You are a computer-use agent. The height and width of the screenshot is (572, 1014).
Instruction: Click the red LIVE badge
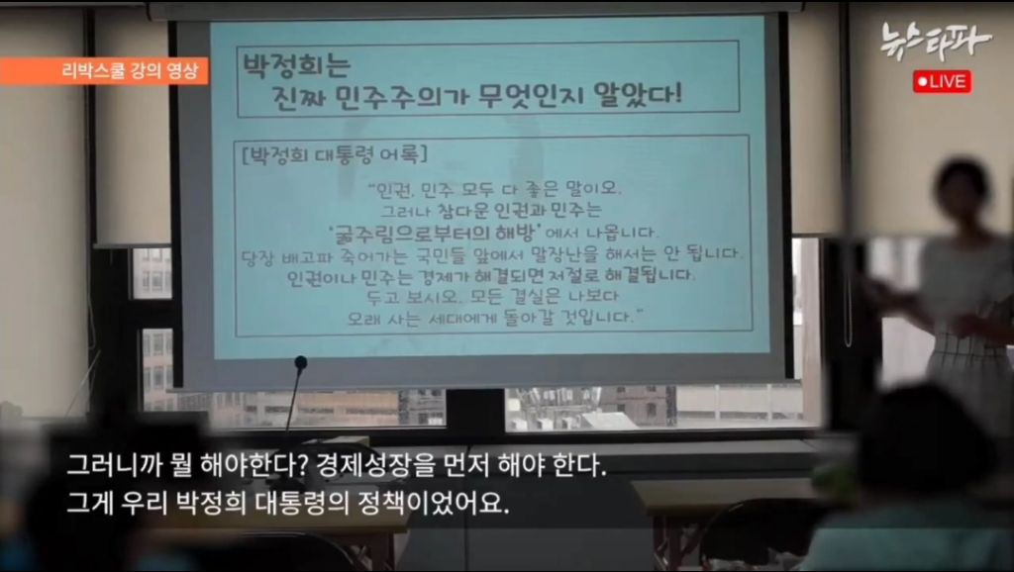pyautogui.click(x=942, y=81)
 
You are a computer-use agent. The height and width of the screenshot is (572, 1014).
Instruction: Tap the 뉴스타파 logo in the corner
pyautogui.click(x=936, y=41)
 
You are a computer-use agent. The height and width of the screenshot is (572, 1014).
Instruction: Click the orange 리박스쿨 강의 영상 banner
pyautogui.click(x=103, y=71)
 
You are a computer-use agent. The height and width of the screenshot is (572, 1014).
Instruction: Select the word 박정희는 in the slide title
pyautogui.click(x=298, y=67)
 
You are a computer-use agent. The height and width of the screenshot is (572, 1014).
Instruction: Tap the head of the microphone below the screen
pyautogui.click(x=300, y=363)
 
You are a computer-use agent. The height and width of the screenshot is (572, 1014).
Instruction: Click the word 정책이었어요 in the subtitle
pyautogui.click(x=451, y=504)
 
